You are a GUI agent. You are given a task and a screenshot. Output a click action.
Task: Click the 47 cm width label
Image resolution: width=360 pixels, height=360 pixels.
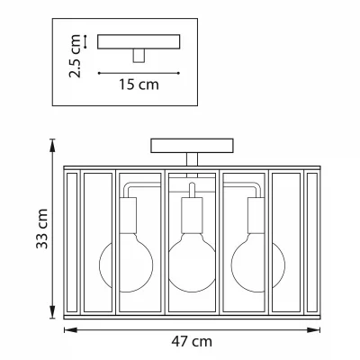[x=192, y=341]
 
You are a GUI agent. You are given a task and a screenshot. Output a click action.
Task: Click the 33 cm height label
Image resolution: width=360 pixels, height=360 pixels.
[x=42, y=229]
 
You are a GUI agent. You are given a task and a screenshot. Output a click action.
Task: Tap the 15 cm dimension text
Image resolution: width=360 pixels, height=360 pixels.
[x=139, y=85]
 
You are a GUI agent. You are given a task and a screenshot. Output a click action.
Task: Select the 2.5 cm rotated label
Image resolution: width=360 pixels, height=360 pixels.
[x=75, y=56]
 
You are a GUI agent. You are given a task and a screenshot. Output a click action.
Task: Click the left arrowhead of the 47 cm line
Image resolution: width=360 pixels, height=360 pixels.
[x=70, y=330]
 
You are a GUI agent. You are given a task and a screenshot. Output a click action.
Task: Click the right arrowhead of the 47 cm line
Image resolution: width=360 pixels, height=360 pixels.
[x=313, y=330]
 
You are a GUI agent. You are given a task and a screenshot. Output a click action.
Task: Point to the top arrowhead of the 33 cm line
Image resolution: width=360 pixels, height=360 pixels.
[x=52, y=146]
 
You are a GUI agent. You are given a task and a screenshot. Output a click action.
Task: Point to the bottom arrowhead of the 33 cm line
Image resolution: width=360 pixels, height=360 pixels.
[x=52, y=311]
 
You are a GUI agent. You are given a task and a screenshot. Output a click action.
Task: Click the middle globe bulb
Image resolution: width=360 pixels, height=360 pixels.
[x=192, y=264]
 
